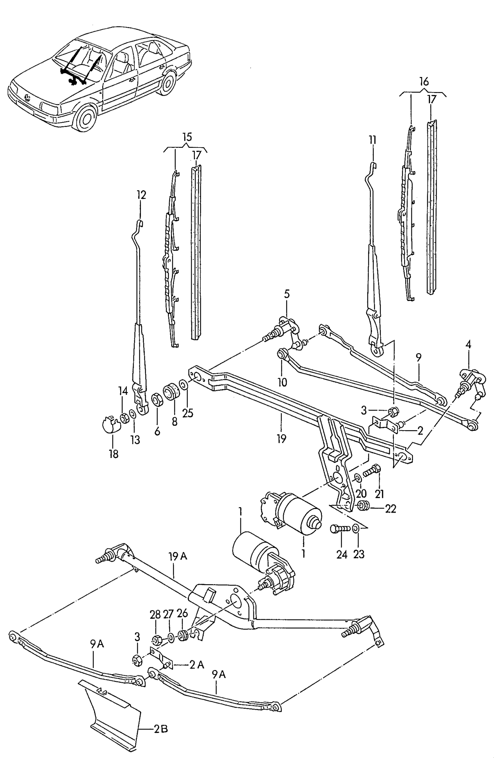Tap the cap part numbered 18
(x=110, y=424)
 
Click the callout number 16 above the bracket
(x=424, y=82)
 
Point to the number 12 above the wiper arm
(x=142, y=195)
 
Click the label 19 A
(x=178, y=557)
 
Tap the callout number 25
(x=188, y=413)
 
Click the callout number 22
(x=390, y=509)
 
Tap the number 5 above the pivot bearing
(x=286, y=293)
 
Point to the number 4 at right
(x=468, y=345)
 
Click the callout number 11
(x=372, y=140)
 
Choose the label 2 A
(x=197, y=665)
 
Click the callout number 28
(x=155, y=615)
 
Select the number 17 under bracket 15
(x=197, y=155)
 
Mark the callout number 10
(x=282, y=382)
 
